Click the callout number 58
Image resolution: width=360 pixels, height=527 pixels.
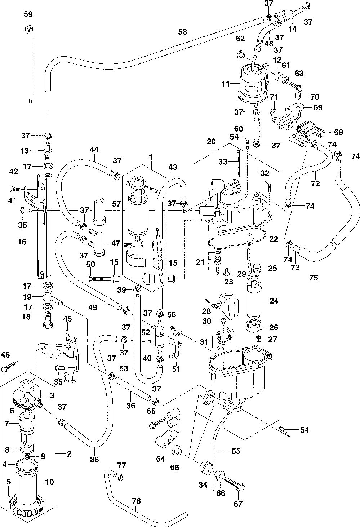[183, 32]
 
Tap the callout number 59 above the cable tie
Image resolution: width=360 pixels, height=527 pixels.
[28, 14]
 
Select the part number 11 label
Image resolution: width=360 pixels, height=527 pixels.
[226, 84]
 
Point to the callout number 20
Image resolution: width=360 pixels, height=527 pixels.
[212, 141]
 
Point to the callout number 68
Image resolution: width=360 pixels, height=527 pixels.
[338, 132]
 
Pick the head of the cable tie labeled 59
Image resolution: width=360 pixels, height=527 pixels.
[28, 30]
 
